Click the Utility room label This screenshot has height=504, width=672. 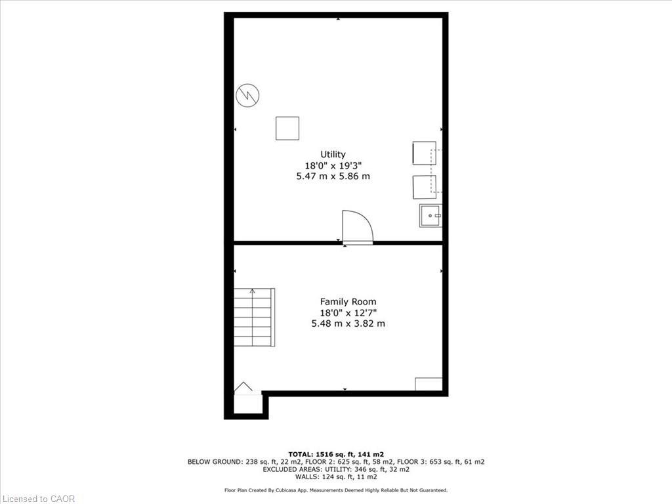pos(333,154)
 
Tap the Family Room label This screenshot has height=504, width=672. pos(348,302)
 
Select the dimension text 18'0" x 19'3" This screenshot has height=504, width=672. pos(333,165)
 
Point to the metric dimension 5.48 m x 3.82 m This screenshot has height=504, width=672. pos(348,324)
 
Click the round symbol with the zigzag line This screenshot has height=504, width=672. pos(247,96)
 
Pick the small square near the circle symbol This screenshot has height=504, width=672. pos(287,128)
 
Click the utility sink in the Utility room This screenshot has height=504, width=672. pos(430,215)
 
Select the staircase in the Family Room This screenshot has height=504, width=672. pos(254,318)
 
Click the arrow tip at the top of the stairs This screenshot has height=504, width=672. pos(253,290)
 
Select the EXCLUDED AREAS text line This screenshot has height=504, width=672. pos(336,470)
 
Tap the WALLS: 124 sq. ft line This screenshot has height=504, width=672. pos(336,477)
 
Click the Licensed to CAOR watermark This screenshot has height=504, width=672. pos(38,499)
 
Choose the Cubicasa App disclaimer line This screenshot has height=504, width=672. pos(336,490)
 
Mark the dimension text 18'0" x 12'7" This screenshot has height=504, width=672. pos(348,312)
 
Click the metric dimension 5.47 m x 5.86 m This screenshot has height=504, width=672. pos(333,177)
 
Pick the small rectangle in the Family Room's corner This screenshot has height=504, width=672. pos(429,384)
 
